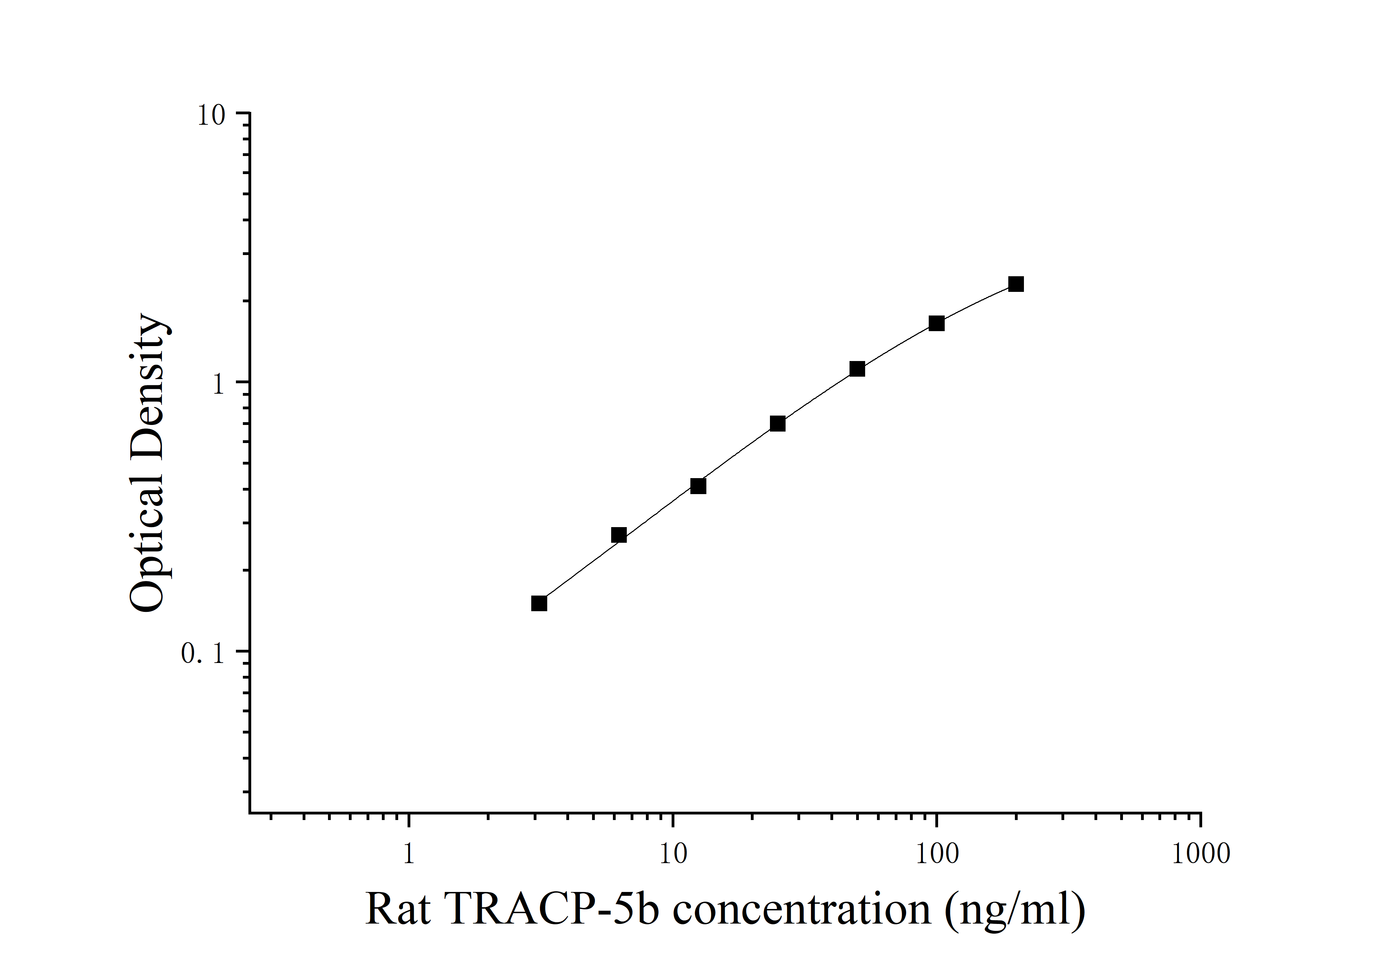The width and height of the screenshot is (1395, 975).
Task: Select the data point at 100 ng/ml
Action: [x=936, y=323]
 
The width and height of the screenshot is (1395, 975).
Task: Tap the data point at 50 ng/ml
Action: [x=857, y=369]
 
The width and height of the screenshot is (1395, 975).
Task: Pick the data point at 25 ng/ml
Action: [x=777, y=424]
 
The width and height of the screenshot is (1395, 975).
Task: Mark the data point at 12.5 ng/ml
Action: [x=698, y=486]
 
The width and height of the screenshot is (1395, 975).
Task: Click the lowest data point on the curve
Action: [x=539, y=603]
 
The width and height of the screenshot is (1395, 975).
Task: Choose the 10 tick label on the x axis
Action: [x=673, y=853]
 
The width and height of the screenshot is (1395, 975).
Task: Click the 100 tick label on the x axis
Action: [x=936, y=853]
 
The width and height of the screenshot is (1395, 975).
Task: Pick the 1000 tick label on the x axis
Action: [x=1200, y=853]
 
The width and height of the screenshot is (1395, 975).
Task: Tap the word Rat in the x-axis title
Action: [x=398, y=910]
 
